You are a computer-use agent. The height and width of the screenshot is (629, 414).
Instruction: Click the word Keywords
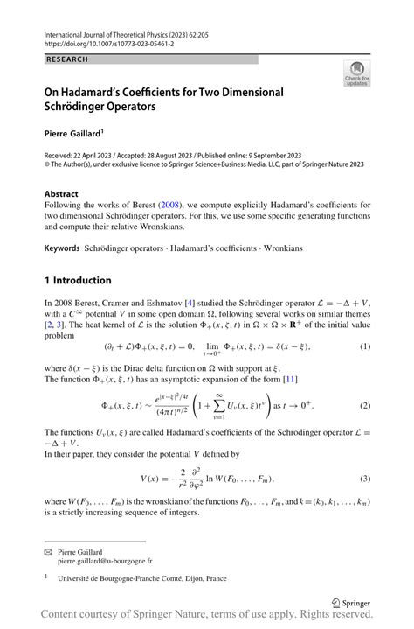point(62,248)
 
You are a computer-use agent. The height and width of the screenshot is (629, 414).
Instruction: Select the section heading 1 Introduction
point(78,281)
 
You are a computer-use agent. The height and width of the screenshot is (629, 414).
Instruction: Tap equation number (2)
point(365,406)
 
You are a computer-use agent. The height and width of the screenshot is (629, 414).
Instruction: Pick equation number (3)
point(365,478)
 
